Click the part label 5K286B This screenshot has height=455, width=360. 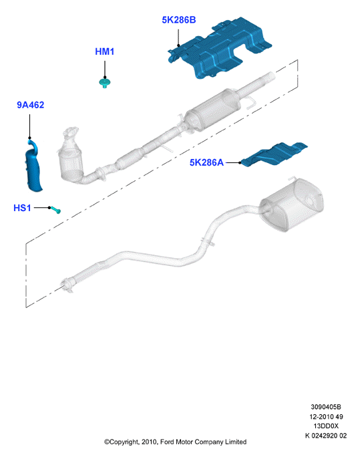[179, 20]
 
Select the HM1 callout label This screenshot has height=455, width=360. [105, 51]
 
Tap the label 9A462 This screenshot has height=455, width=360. [31, 105]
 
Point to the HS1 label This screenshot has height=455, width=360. [22, 208]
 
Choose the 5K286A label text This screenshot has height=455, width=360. [206, 162]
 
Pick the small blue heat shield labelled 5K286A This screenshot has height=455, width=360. [274, 154]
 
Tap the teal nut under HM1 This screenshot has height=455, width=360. [105, 83]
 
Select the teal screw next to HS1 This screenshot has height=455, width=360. [55, 210]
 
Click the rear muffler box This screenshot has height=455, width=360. [291, 204]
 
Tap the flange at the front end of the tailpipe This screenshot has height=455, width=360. [67, 285]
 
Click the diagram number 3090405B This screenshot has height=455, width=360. [326, 407]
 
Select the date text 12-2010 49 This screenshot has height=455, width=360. [326, 417]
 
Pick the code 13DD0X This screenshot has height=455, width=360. [326, 426]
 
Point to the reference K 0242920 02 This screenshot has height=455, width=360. [326, 436]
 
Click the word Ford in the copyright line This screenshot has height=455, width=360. [167, 442]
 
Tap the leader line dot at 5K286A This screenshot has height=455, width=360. [240, 163]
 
